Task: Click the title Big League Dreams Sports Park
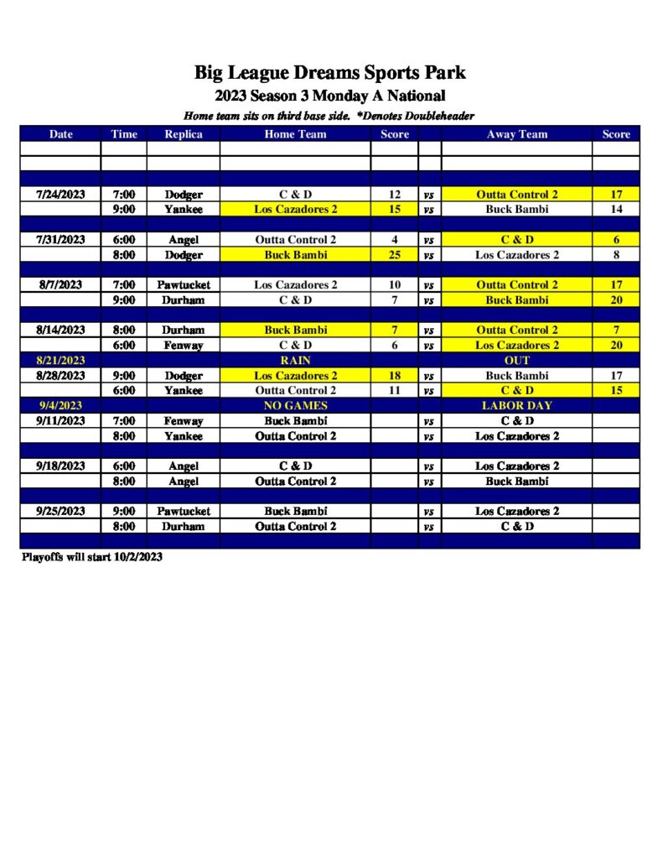pos(329,72)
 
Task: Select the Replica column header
pos(183,134)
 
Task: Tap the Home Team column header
pos(295,134)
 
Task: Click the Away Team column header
pos(516,134)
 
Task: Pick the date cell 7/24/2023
pos(60,195)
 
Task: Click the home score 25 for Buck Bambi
pos(395,255)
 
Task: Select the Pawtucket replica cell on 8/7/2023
pos(183,285)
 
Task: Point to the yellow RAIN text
pos(295,361)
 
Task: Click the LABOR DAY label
pos(516,406)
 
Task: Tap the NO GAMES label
pos(295,406)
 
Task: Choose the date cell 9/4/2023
pos(60,406)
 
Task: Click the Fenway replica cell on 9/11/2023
pos(183,421)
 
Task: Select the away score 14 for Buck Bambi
pos(616,210)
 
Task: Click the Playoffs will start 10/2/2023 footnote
pos(91,557)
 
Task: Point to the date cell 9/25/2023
pos(60,511)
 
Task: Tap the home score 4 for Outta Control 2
pos(395,240)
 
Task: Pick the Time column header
pos(124,134)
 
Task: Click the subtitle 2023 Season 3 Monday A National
pos(329,96)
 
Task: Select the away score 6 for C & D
pos(616,240)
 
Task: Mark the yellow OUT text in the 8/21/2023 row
pos(516,361)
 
